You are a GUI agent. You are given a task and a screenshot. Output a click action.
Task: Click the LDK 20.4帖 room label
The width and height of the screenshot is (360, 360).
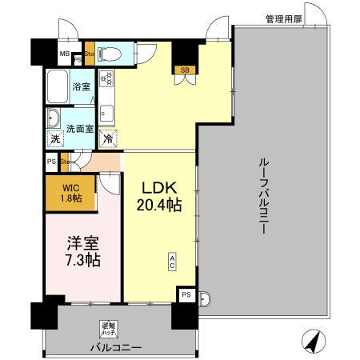tap(161, 196)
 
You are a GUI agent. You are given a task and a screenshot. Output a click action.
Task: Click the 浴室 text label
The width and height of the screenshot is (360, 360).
tap(82, 86)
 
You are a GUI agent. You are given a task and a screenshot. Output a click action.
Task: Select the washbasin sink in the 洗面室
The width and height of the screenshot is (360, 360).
tap(54, 120)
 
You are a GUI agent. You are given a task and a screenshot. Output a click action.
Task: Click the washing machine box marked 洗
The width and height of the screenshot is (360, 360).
tap(55, 139)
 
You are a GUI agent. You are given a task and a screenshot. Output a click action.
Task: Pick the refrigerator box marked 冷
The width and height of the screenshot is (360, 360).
tap(107, 139)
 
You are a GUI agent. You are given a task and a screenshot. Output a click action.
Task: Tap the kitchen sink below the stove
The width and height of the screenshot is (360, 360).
tap(107, 110)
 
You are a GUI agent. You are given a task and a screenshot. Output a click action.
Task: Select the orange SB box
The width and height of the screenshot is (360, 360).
tap(185, 70)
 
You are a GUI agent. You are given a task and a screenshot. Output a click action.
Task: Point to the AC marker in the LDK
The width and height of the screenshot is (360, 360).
tap(172, 262)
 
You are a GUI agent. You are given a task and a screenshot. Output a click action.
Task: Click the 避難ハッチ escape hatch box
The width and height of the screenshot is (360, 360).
tap(106, 327)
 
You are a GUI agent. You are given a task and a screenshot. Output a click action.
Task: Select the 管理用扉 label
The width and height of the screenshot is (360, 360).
tap(284, 17)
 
